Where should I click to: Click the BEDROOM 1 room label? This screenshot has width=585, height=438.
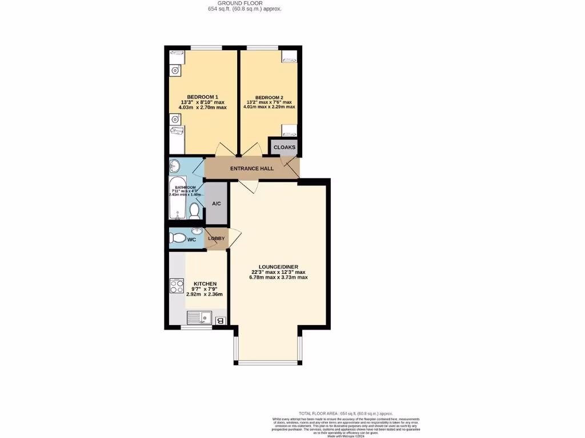[203, 96]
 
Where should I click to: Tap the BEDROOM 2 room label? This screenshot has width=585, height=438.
[269, 97]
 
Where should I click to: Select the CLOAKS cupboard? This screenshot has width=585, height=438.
[285, 148]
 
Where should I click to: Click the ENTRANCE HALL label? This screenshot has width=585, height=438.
[251, 169]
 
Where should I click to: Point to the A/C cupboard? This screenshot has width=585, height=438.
[217, 204]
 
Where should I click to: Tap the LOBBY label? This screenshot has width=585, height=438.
[216, 238]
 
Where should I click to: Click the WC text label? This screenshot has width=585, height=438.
[192, 240]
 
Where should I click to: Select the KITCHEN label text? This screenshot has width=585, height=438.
[205, 284]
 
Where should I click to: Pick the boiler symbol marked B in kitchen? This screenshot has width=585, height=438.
[220, 321]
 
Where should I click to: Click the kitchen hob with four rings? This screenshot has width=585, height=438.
[177, 286]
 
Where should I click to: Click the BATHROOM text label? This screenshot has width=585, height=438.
[186, 188]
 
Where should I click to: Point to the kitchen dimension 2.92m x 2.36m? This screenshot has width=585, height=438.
[205, 294]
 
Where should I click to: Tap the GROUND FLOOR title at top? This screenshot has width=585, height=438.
[244, 3]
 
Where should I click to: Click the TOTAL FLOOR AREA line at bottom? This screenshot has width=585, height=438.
[346, 413]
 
